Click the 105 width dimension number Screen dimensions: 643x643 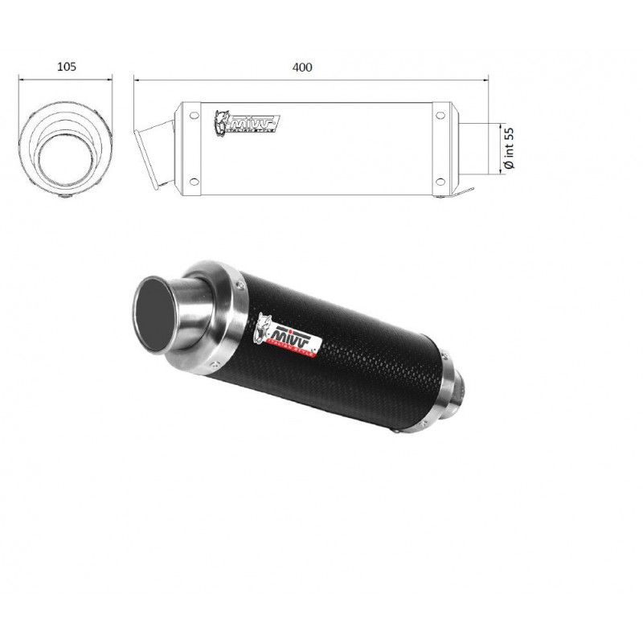tap(67, 67)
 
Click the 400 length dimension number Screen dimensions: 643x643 tap(303, 67)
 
